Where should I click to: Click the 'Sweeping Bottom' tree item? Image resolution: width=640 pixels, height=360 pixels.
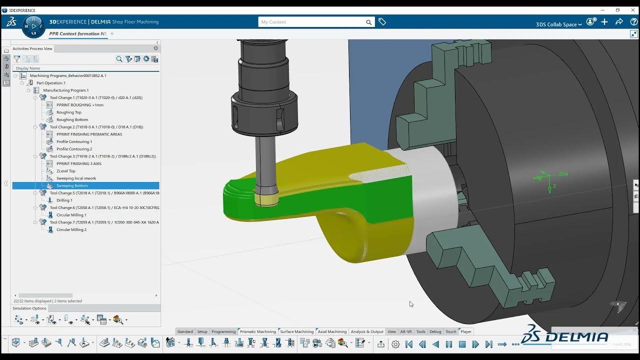coord(72,185)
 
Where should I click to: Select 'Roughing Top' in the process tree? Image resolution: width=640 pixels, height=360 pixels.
coord(68,112)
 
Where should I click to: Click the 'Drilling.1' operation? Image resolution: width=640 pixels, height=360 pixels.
coord(64,200)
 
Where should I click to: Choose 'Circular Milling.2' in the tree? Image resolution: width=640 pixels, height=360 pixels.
coord(71,229)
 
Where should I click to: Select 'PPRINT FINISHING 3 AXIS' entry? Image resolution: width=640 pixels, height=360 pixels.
coord(78,163)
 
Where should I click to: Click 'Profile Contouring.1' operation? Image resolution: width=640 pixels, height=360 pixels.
coord(74,141)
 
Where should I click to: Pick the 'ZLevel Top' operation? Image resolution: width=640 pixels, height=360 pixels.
coord(65,171)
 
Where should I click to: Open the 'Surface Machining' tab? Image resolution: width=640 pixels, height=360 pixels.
coord(296,331)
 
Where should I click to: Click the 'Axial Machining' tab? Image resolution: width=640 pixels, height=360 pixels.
coord(332,331)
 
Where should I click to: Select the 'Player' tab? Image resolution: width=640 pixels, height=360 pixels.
coord(465,331)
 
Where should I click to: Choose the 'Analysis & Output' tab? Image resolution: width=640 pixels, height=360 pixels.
coord(367,331)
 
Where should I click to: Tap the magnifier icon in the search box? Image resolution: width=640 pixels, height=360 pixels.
coord(368,22)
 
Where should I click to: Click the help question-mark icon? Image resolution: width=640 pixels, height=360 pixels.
coord(633,22)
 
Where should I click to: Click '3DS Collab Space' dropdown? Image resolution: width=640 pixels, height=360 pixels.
coord(558,24)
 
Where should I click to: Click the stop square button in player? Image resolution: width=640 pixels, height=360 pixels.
coord(462,344)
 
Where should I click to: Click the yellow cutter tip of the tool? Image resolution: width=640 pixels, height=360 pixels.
coord(266,200)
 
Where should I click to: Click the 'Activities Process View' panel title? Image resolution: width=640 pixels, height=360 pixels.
coord(32,48)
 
